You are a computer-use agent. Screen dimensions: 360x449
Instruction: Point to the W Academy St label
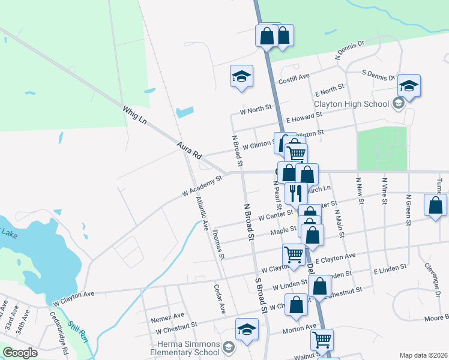[x=202, y=186]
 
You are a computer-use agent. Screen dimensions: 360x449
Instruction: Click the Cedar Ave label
[x=219, y=299]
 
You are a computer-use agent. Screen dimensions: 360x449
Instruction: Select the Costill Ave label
[x=294, y=77]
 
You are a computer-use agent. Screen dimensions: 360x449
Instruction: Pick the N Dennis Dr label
[x=350, y=50]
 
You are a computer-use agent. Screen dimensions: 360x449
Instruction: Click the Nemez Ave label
[x=168, y=316]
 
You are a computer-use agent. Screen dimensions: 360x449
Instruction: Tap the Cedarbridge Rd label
[x=59, y=328]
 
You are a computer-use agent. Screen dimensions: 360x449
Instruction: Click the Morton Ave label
[x=302, y=328]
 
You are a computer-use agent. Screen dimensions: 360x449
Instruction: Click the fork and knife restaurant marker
[x=295, y=192]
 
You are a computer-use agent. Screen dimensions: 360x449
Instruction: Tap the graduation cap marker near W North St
[x=241, y=76]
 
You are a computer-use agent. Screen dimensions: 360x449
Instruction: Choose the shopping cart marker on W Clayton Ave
[x=294, y=254]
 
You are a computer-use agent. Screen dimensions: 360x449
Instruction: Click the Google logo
[x=20, y=353]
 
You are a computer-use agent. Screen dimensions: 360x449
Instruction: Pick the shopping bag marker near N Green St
[x=435, y=205]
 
